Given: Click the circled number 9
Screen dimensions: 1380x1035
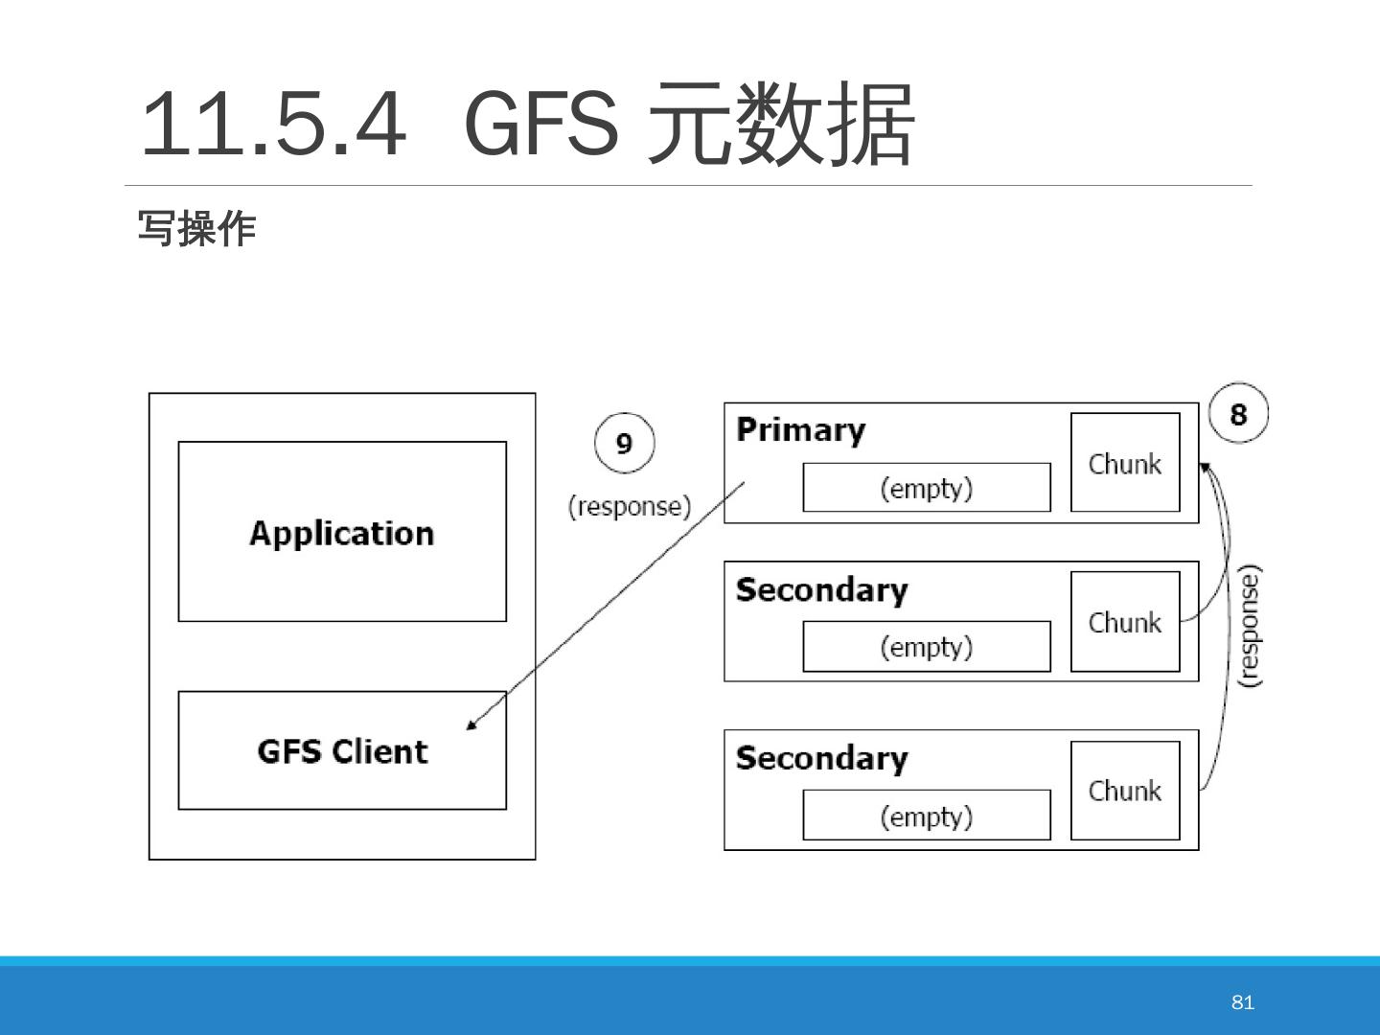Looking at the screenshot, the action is [x=624, y=443].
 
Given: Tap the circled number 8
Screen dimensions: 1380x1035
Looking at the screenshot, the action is [x=1238, y=413].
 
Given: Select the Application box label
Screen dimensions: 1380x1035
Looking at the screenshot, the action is [x=342, y=534].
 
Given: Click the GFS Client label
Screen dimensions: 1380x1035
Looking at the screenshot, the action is [x=343, y=751].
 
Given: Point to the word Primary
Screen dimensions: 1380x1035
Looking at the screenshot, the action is [x=801, y=431].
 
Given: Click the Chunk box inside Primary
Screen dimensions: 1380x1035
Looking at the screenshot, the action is [x=1125, y=462].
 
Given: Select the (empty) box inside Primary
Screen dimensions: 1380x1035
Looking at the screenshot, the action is [x=927, y=487].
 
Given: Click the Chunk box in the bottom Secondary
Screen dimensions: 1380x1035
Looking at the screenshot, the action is [x=1125, y=791].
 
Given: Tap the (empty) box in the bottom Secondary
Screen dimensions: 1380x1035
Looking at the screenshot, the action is [x=927, y=815].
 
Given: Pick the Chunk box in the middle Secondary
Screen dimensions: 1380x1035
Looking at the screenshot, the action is [x=1125, y=622].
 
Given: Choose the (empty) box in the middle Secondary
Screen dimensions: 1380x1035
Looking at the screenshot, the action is [x=927, y=646].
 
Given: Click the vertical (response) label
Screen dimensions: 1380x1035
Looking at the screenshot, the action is [x=1251, y=627].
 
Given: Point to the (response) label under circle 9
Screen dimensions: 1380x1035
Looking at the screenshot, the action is [x=630, y=507].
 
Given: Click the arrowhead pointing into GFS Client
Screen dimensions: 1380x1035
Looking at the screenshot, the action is [x=471, y=725].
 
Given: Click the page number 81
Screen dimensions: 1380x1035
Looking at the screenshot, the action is [x=1242, y=1001].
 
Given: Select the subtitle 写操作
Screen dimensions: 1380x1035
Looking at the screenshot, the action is [x=196, y=228].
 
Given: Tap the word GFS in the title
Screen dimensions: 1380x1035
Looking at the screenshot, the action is [x=542, y=124].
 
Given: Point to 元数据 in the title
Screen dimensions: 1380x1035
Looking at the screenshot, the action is [x=781, y=124].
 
